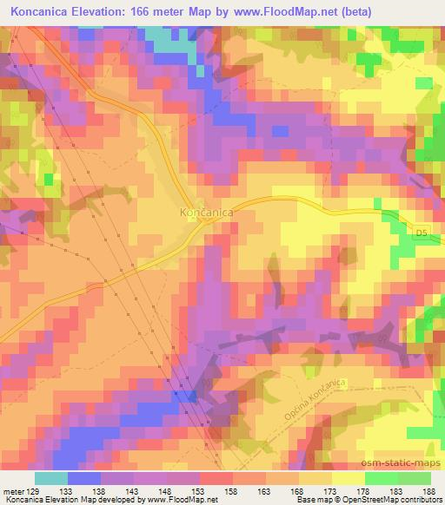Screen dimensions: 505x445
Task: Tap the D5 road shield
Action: click(422, 233)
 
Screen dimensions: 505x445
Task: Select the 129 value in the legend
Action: click(34, 490)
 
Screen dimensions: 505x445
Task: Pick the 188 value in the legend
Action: click(429, 490)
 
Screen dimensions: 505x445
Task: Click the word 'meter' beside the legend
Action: click(13, 490)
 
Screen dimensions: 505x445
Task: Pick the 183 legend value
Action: click(396, 490)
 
